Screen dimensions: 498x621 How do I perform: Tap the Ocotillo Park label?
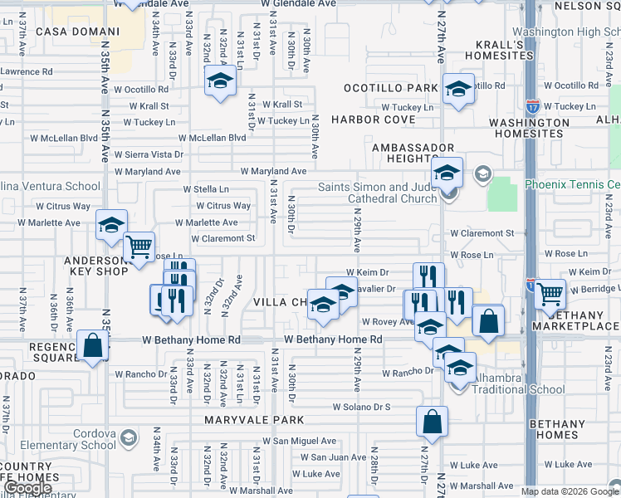point(393,88)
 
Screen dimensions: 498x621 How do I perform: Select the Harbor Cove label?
point(373,120)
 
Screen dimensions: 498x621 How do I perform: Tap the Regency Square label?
point(41,352)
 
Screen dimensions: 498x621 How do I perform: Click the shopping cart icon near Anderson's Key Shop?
point(139,246)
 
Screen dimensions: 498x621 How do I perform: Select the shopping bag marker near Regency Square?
point(93,345)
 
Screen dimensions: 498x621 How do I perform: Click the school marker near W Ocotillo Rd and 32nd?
point(220,81)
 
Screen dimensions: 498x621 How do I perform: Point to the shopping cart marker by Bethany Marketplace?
point(550,294)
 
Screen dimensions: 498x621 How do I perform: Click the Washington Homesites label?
point(529,128)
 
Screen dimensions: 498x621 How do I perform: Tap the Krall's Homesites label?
point(499,50)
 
